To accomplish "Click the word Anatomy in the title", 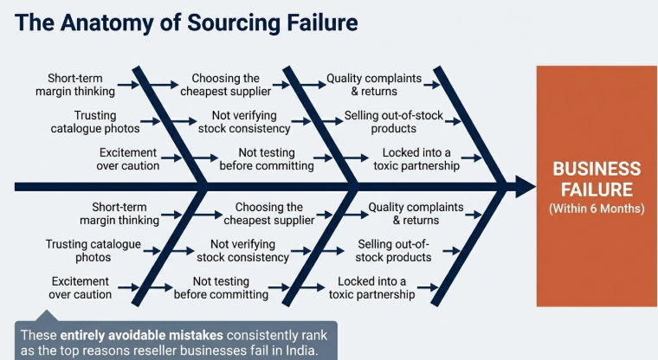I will click(106, 21).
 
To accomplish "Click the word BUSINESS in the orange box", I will click(597, 170).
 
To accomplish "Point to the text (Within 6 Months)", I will click(597, 209).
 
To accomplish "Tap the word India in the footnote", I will click(297, 350).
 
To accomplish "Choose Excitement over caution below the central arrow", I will click(81, 288).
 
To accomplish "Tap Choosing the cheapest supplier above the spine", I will click(226, 85).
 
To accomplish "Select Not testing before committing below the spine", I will click(221, 288).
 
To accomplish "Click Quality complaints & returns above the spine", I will click(373, 85).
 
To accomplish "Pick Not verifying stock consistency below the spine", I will click(242, 251).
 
